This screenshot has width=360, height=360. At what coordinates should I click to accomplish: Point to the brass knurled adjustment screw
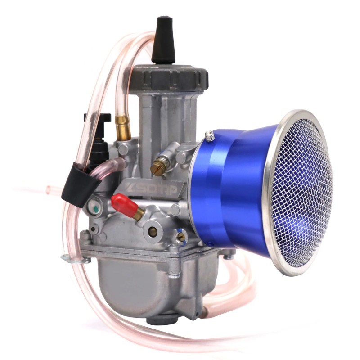click(157, 168)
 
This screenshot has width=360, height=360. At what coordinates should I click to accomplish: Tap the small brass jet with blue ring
click(180, 236)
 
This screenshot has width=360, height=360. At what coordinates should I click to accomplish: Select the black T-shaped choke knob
click(97, 118)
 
